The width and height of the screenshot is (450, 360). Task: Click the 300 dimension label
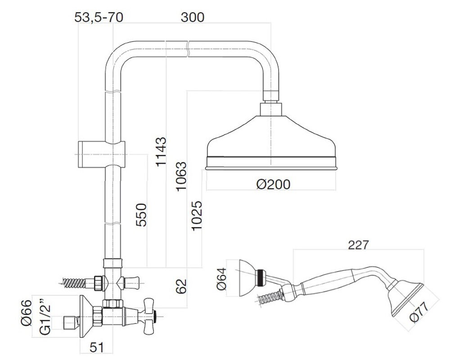click(x=193, y=18)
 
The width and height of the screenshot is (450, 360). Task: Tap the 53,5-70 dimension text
click(x=99, y=18)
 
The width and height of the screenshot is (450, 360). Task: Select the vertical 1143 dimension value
click(x=161, y=152)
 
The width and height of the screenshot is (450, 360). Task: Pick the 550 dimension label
click(x=141, y=215)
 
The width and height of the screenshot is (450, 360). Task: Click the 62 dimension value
click(x=181, y=286)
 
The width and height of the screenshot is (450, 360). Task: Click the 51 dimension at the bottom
click(x=96, y=347)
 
